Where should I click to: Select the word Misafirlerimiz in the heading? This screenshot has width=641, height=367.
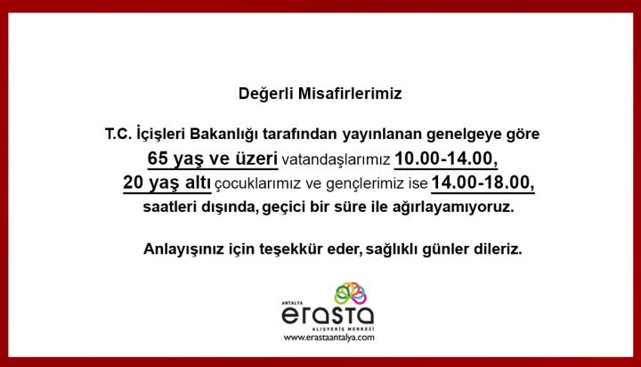pyautogui.click(x=350, y=94)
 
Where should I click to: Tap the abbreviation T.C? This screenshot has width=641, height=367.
pyautogui.click(x=118, y=134)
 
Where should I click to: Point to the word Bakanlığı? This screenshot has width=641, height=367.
pyautogui.click(x=224, y=134)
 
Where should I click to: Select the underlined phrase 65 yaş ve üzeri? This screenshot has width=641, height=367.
pyautogui.click(x=213, y=159)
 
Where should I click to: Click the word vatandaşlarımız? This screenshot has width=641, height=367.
pyautogui.click(x=336, y=159)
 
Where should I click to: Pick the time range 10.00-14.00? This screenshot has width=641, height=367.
pyautogui.click(x=446, y=159)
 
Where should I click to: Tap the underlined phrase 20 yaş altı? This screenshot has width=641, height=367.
pyautogui.click(x=166, y=183)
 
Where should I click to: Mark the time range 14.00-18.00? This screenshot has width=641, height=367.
pyautogui.click(x=483, y=183)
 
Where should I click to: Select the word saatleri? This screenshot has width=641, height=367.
pyautogui.click(x=170, y=207)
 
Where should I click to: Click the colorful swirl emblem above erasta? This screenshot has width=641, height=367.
pyautogui.click(x=351, y=293)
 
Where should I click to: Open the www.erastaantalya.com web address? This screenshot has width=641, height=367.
pyautogui.click(x=329, y=338)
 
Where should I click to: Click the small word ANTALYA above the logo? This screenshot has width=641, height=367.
pyautogui.click(x=292, y=303)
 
